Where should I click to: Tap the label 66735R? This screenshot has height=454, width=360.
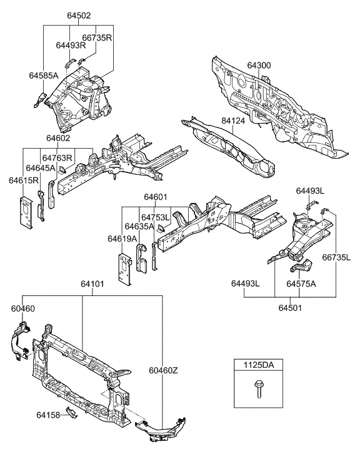coord(97,37)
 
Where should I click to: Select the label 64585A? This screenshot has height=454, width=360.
coord(43,76)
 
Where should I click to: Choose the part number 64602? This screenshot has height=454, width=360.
coord(57,139)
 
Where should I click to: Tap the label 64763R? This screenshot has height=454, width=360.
coord(58,158)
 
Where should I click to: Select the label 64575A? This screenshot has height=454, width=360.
coord(302,284)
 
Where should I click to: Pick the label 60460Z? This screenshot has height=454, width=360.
coord(163,370)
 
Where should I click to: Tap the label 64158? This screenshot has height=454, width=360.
coord(49,413)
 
